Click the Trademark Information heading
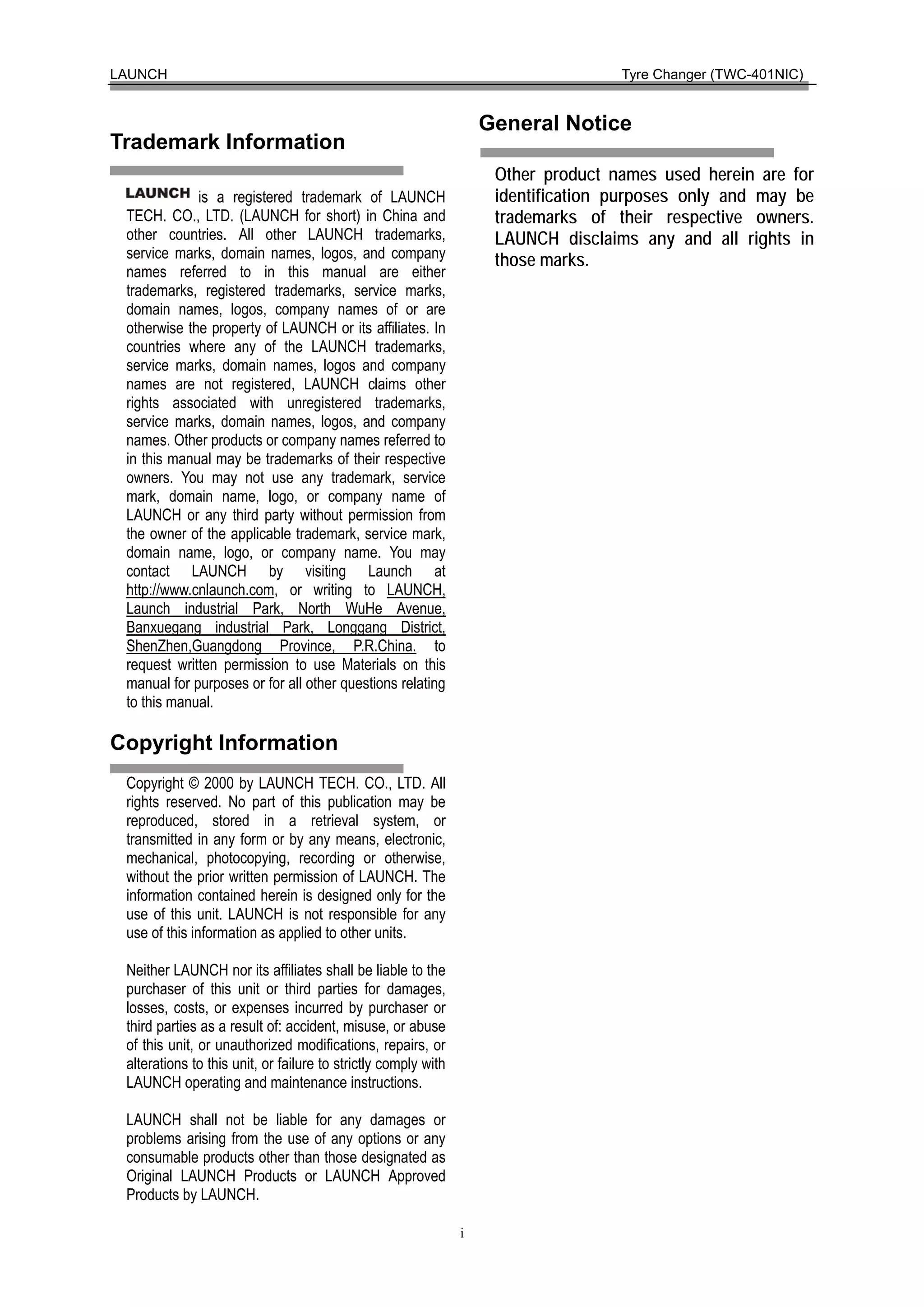(x=227, y=142)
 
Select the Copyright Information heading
(x=224, y=743)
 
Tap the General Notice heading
(x=554, y=124)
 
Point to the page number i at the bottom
(x=462, y=1233)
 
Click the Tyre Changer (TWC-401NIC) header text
(x=711, y=74)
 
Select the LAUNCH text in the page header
(x=139, y=74)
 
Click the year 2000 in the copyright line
(x=219, y=783)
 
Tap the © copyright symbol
(x=194, y=783)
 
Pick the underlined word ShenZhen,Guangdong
(x=194, y=646)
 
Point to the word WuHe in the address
(x=364, y=609)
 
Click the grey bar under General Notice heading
(x=626, y=152)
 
